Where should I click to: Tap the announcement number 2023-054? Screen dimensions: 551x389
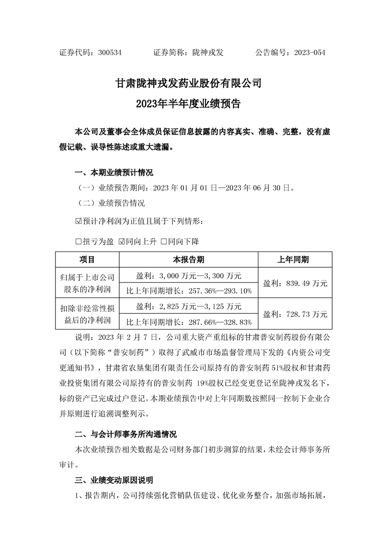coord(308,53)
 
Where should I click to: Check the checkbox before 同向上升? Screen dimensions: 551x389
coord(122,242)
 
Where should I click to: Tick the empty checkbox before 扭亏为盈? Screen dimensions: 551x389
coord(78,242)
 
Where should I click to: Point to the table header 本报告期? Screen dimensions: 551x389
coord(189,259)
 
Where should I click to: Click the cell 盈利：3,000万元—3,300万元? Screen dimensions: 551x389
coord(189,275)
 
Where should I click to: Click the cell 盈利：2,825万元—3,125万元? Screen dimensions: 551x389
coord(189,306)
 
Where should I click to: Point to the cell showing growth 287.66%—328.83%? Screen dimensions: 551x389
coord(189,322)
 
